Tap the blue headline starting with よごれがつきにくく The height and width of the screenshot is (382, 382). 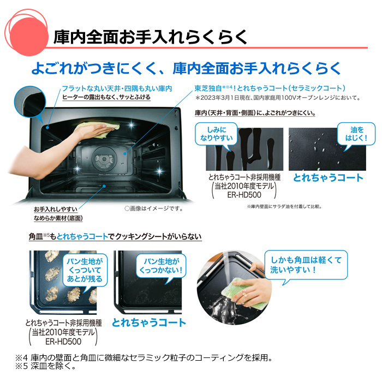coord(186,68)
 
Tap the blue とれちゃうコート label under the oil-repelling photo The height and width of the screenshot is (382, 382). coord(328,178)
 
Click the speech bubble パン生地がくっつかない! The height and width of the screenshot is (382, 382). coord(162,265)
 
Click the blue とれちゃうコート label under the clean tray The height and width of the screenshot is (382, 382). coord(149,322)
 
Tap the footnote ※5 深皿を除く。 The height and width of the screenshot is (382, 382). coord(46,366)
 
